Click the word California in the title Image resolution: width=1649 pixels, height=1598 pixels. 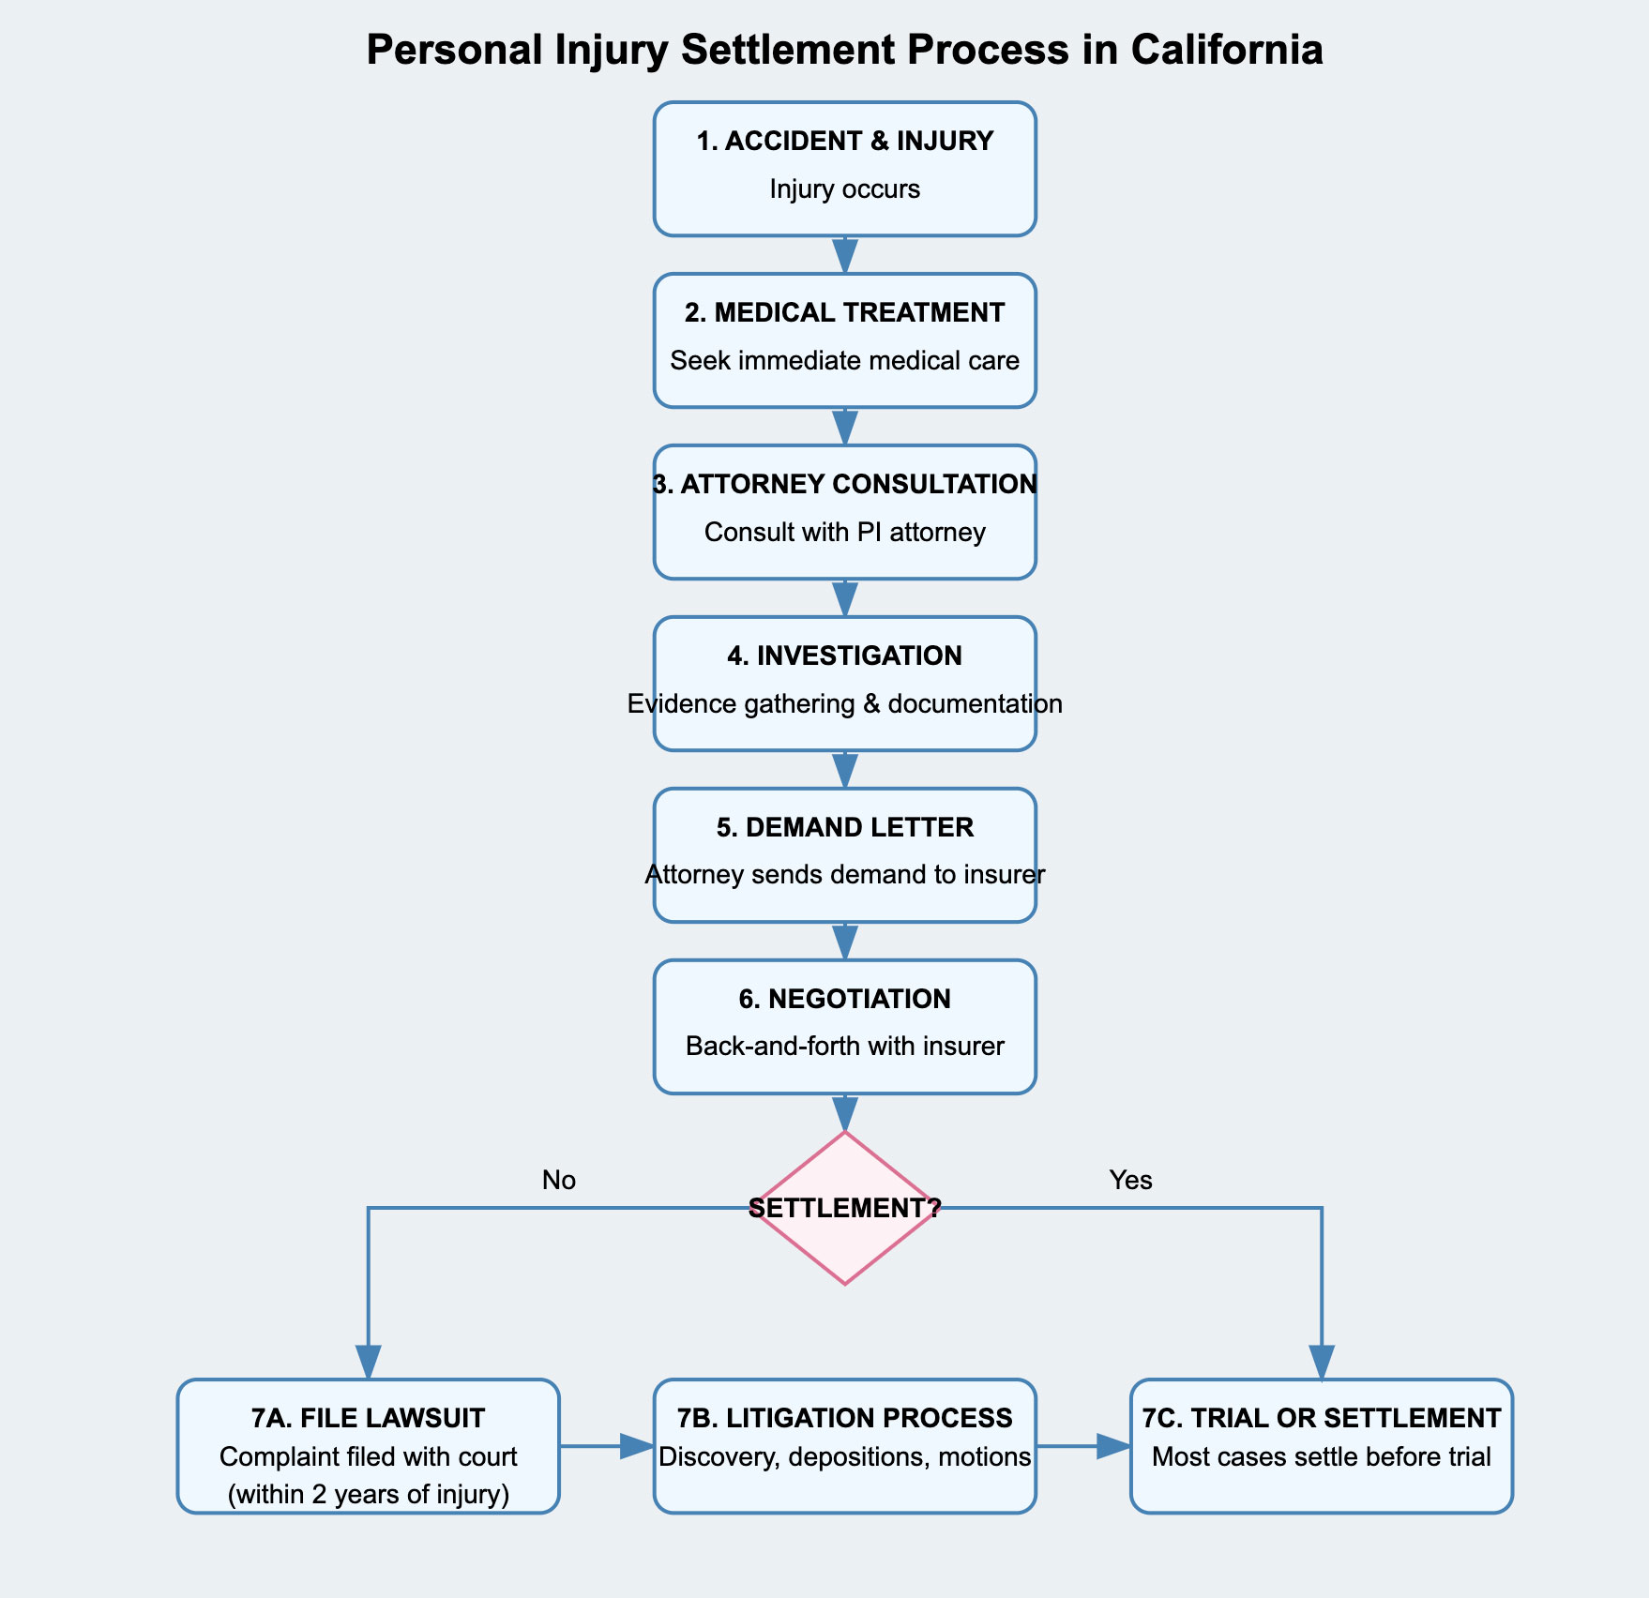pyautogui.click(x=1227, y=50)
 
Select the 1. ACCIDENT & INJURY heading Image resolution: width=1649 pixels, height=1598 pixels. pyautogui.click(x=844, y=141)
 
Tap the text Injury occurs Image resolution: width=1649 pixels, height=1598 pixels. pyautogui.click(x=844, y=188)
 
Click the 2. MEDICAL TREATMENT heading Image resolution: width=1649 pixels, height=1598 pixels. pyautogui.click(x=844, y=312)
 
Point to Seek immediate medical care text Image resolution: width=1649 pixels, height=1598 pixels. pyautogui.click(x=844, y=360)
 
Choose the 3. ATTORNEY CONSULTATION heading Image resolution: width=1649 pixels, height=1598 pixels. pyautogui.click(x=844, y=484)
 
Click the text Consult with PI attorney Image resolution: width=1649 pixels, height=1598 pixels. pyautogui.click(x=844, y=532)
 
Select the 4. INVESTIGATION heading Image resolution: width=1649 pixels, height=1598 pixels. pyautogui.click(x=844, y=656)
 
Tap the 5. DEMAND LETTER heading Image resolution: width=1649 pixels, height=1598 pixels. pyautogui.click(x=844, y=827)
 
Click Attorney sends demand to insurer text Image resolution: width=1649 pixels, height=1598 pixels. pyautogui.click(x=844, y=874)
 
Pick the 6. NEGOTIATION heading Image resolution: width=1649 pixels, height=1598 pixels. pyautogui.click(x=844, y=999)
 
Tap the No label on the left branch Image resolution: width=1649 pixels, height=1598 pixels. pyautogui.click(x=558, y=1180)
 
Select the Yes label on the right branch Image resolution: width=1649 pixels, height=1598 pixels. pyautogui.click(x=1130, y=1180)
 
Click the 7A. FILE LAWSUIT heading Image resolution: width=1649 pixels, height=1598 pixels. pyautogui.click(x=368, y=1418)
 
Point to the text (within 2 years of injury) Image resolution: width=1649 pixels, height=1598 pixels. pyautogui.click(x=368, y=1494)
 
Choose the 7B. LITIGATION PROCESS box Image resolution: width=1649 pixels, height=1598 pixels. pyautogui.click(x=844, y=1445)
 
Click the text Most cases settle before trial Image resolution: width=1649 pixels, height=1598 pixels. pyautogui.click(x=1321, y=1456)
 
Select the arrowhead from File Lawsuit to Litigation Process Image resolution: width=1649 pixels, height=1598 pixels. pyautogui.click(x=638, y=1446)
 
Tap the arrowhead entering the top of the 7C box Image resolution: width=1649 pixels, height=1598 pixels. pyautogui.click(x=1322, y=1362)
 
